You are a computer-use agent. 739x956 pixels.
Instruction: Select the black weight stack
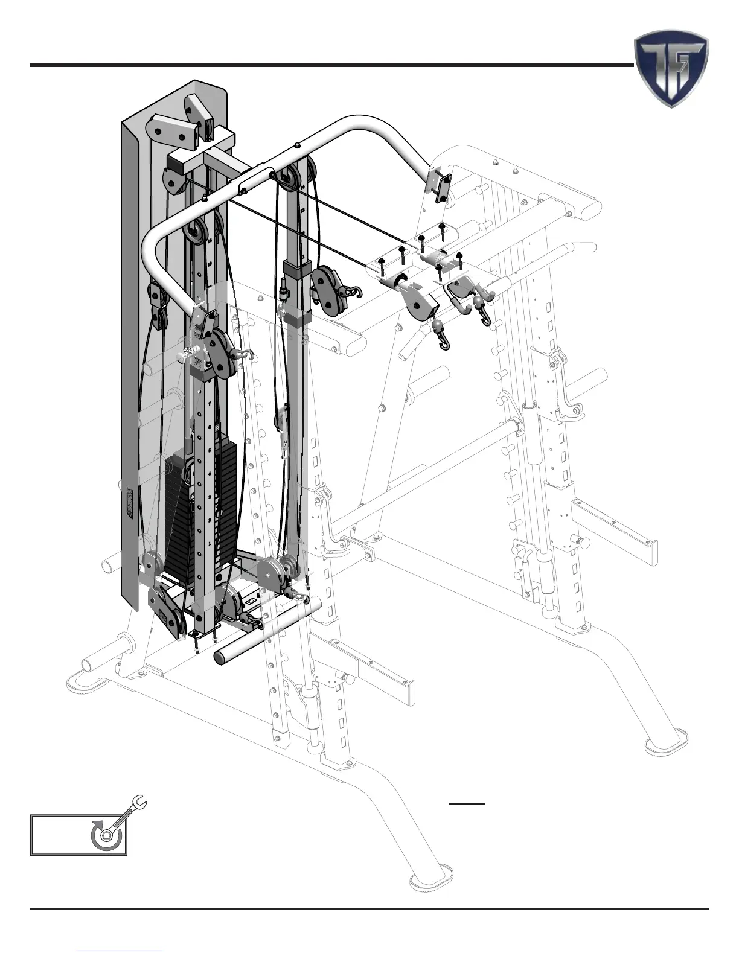[x=199, y=513]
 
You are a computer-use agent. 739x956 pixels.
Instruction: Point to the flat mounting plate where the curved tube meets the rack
[x=440, y=183]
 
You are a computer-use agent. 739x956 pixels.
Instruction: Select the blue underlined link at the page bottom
[x=120, y=950]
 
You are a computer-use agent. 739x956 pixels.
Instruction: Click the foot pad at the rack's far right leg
[x=667, y=741]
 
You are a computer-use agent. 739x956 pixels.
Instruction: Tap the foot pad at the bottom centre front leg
[x=431, y=875]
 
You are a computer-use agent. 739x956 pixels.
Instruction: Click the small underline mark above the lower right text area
[x=467, y=804]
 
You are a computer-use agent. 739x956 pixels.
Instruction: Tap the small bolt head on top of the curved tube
[x=298, y=145]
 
